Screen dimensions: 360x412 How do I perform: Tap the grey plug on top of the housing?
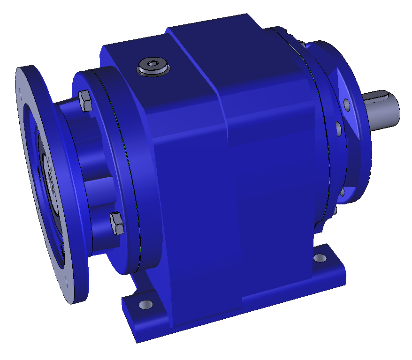tap(153, 67)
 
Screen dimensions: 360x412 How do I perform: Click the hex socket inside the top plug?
tap(153, 64)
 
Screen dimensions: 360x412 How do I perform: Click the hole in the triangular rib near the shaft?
tap(346, 103)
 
